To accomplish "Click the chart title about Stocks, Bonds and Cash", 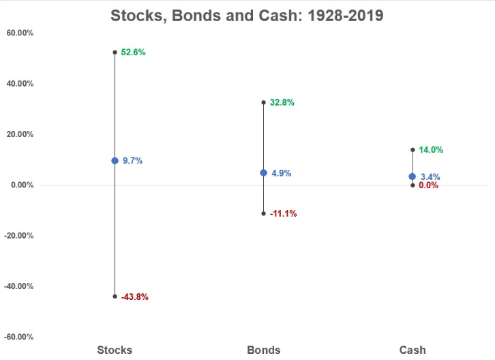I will (247, 15).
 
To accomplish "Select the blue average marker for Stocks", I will (115, 161).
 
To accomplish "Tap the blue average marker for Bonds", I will (263, 173).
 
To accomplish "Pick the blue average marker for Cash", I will (412, 177).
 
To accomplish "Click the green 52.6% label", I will (134, 52).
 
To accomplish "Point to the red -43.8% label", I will (134, 297).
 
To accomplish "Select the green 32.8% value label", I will (282, 102).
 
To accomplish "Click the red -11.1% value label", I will (284, 213).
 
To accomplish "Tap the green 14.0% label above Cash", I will (431, 150).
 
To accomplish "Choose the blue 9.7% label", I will (132, 161).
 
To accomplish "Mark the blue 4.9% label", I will (281, 173).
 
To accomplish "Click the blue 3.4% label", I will (430, 177).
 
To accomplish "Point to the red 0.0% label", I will (428, 185).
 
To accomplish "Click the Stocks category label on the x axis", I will (115, 350).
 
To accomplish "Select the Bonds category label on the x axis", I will (263, 350).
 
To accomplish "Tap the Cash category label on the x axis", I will (412, 350).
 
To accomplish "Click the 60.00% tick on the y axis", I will (20, 33).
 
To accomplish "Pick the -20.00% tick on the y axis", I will (19, 236).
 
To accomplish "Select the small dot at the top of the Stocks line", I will (115, 52).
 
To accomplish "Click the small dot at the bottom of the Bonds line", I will (263, 213).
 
